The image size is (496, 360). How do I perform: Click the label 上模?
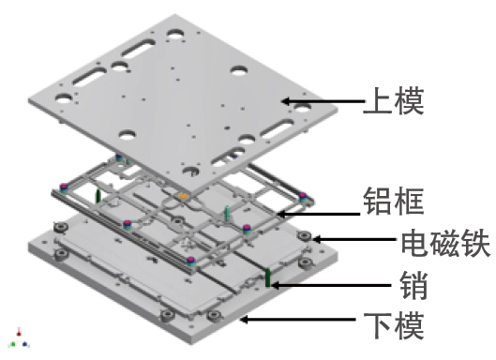(394, 100)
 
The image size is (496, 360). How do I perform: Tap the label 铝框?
(395, 201)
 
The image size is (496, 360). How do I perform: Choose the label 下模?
(394, 325)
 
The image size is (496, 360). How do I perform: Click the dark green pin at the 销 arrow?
(267, 278)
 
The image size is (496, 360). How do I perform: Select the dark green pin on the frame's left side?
(98, 196)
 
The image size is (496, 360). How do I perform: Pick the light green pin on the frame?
(228, 210)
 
